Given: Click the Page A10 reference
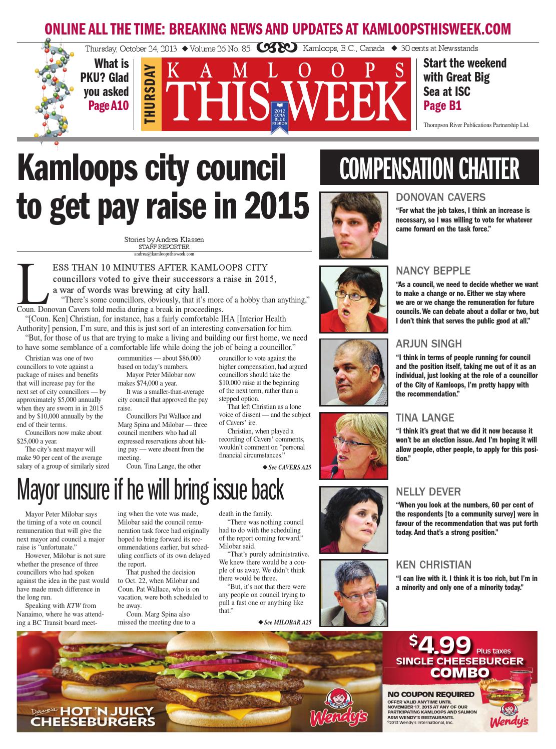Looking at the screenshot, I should coord(109,105).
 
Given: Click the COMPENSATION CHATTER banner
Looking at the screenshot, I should coord(430,169).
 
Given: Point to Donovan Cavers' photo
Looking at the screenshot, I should coord(354,225).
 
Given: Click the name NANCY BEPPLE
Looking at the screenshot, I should coord(433,271).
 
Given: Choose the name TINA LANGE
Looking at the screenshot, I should coord(425,417).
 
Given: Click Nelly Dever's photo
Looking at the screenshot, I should coord(354,519).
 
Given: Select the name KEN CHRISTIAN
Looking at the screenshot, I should coord(433,565).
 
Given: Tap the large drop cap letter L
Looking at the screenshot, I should coord(32,282).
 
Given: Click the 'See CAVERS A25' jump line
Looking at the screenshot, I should coord(287,467).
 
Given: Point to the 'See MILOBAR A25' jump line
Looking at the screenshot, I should coord(285,622).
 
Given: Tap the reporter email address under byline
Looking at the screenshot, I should coord(164,254).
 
